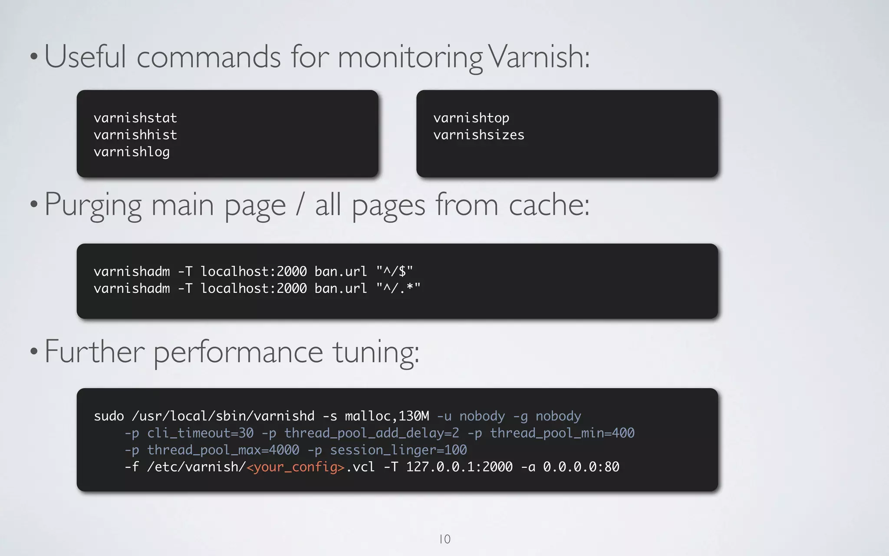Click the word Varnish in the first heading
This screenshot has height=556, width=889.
(540, 57)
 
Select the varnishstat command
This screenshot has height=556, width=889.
(135, 118)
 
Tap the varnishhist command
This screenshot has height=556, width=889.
(135, 135)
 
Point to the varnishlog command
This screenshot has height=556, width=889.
(132, 152)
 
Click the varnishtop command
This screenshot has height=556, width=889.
(471, 118)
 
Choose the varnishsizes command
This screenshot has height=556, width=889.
(479, 135)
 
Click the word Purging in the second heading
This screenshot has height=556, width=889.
(93, 205)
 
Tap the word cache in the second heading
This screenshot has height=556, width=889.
(549, 205)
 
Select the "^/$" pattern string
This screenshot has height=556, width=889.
(395, 271)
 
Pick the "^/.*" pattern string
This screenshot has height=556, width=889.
(398, 288)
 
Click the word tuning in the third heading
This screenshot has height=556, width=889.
(376, 352)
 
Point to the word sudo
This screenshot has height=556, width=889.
(109, 416)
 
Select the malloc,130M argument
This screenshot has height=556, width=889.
(387, 416)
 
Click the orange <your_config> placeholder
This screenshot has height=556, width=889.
(296, 467)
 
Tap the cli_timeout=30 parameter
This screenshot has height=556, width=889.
(200, 433)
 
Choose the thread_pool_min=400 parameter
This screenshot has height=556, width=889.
(562, 433)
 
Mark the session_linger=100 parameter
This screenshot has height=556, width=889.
(398, 450)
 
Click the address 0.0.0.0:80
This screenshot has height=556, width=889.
(581, 467)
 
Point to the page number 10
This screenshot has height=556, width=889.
(445, 539)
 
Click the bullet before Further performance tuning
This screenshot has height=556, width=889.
(34, 351)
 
